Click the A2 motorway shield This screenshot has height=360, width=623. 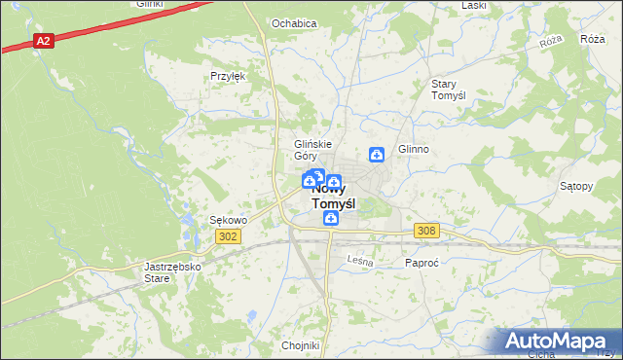tap(43, 41)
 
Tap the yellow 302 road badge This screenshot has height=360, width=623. tap(228, 236)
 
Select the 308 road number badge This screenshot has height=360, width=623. tap(426, 231)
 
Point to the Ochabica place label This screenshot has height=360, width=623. tap(294, 23)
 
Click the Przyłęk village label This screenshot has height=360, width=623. tap(227, 76)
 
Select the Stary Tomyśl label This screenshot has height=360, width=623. tap(450, 90)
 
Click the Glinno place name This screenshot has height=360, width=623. tap(413, 150)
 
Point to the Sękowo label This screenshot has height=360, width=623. tap(229, 220)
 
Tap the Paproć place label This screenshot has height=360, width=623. tap(423, 263)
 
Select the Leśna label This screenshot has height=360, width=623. tap(361, 260)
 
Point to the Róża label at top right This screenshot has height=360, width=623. tap(592, 39)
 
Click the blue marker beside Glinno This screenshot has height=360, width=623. tap(377, 154)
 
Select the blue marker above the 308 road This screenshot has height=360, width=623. tap(331, 219)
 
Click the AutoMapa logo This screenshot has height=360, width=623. tap(560, 342)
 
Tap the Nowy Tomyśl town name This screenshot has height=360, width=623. tap(332, 198)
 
